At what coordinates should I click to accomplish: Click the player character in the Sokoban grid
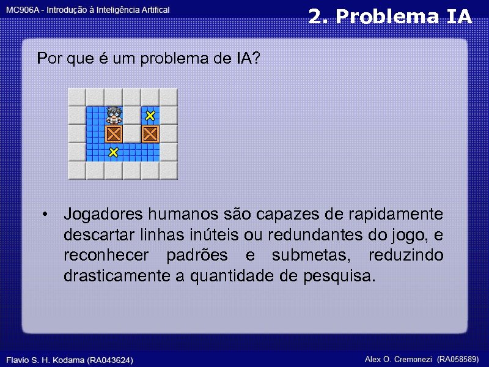[x=113, y=115]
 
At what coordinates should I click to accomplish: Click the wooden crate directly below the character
[x=113, y=134]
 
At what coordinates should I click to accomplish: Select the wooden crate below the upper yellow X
[x=150, y=134]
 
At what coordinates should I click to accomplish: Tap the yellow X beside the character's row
[x=150, y=115]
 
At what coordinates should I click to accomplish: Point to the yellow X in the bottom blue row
[x=113, y=152]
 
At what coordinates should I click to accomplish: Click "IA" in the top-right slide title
[x=459, y=17]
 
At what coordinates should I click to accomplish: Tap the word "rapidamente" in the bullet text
[x=396, y=215]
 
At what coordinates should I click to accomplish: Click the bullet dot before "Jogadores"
[x=46, y=215]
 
